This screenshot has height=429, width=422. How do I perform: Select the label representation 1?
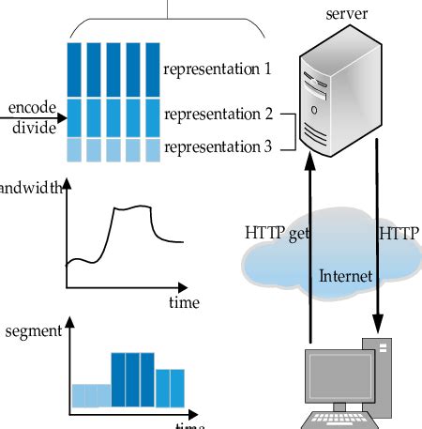tap(217, 69)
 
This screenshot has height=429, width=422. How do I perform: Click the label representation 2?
tap(217, 115)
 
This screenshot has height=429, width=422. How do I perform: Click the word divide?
tap(34, 128)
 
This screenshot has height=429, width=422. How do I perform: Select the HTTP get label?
tap(277, 233)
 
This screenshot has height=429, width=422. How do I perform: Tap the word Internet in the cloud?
tap(346, 276)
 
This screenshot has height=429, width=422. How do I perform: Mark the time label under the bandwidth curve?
tap(184, 302)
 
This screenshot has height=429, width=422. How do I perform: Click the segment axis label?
tap(33, 331)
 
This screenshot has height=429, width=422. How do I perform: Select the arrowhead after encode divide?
tap(62, 119)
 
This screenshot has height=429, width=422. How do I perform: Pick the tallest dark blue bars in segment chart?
tap(132, 381)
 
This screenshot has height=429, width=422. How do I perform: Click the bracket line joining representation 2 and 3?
tap(292, 131)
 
